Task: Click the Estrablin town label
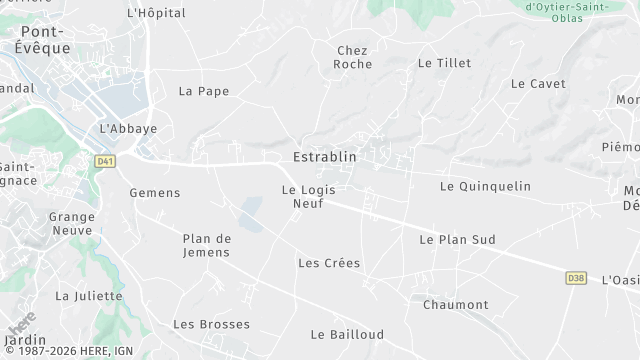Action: [324, 157]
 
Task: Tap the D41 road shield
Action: [104, 160]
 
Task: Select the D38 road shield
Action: [575, 277]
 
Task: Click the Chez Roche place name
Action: [354, 57]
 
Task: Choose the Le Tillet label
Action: [444, 63]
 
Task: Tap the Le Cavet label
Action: [538, 84]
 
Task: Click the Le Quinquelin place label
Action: [485, 187]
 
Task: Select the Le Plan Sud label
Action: [457, 240]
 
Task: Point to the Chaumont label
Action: [456, 305]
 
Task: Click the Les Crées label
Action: [329, 263]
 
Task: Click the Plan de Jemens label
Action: [206, 245]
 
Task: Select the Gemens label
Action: [155, 193]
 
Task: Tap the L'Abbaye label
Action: [128, 129]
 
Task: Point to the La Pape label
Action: [204, 91]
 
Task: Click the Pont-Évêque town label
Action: [45, 39]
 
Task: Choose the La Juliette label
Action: [88, 296]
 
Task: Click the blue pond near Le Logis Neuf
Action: [251, 213]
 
